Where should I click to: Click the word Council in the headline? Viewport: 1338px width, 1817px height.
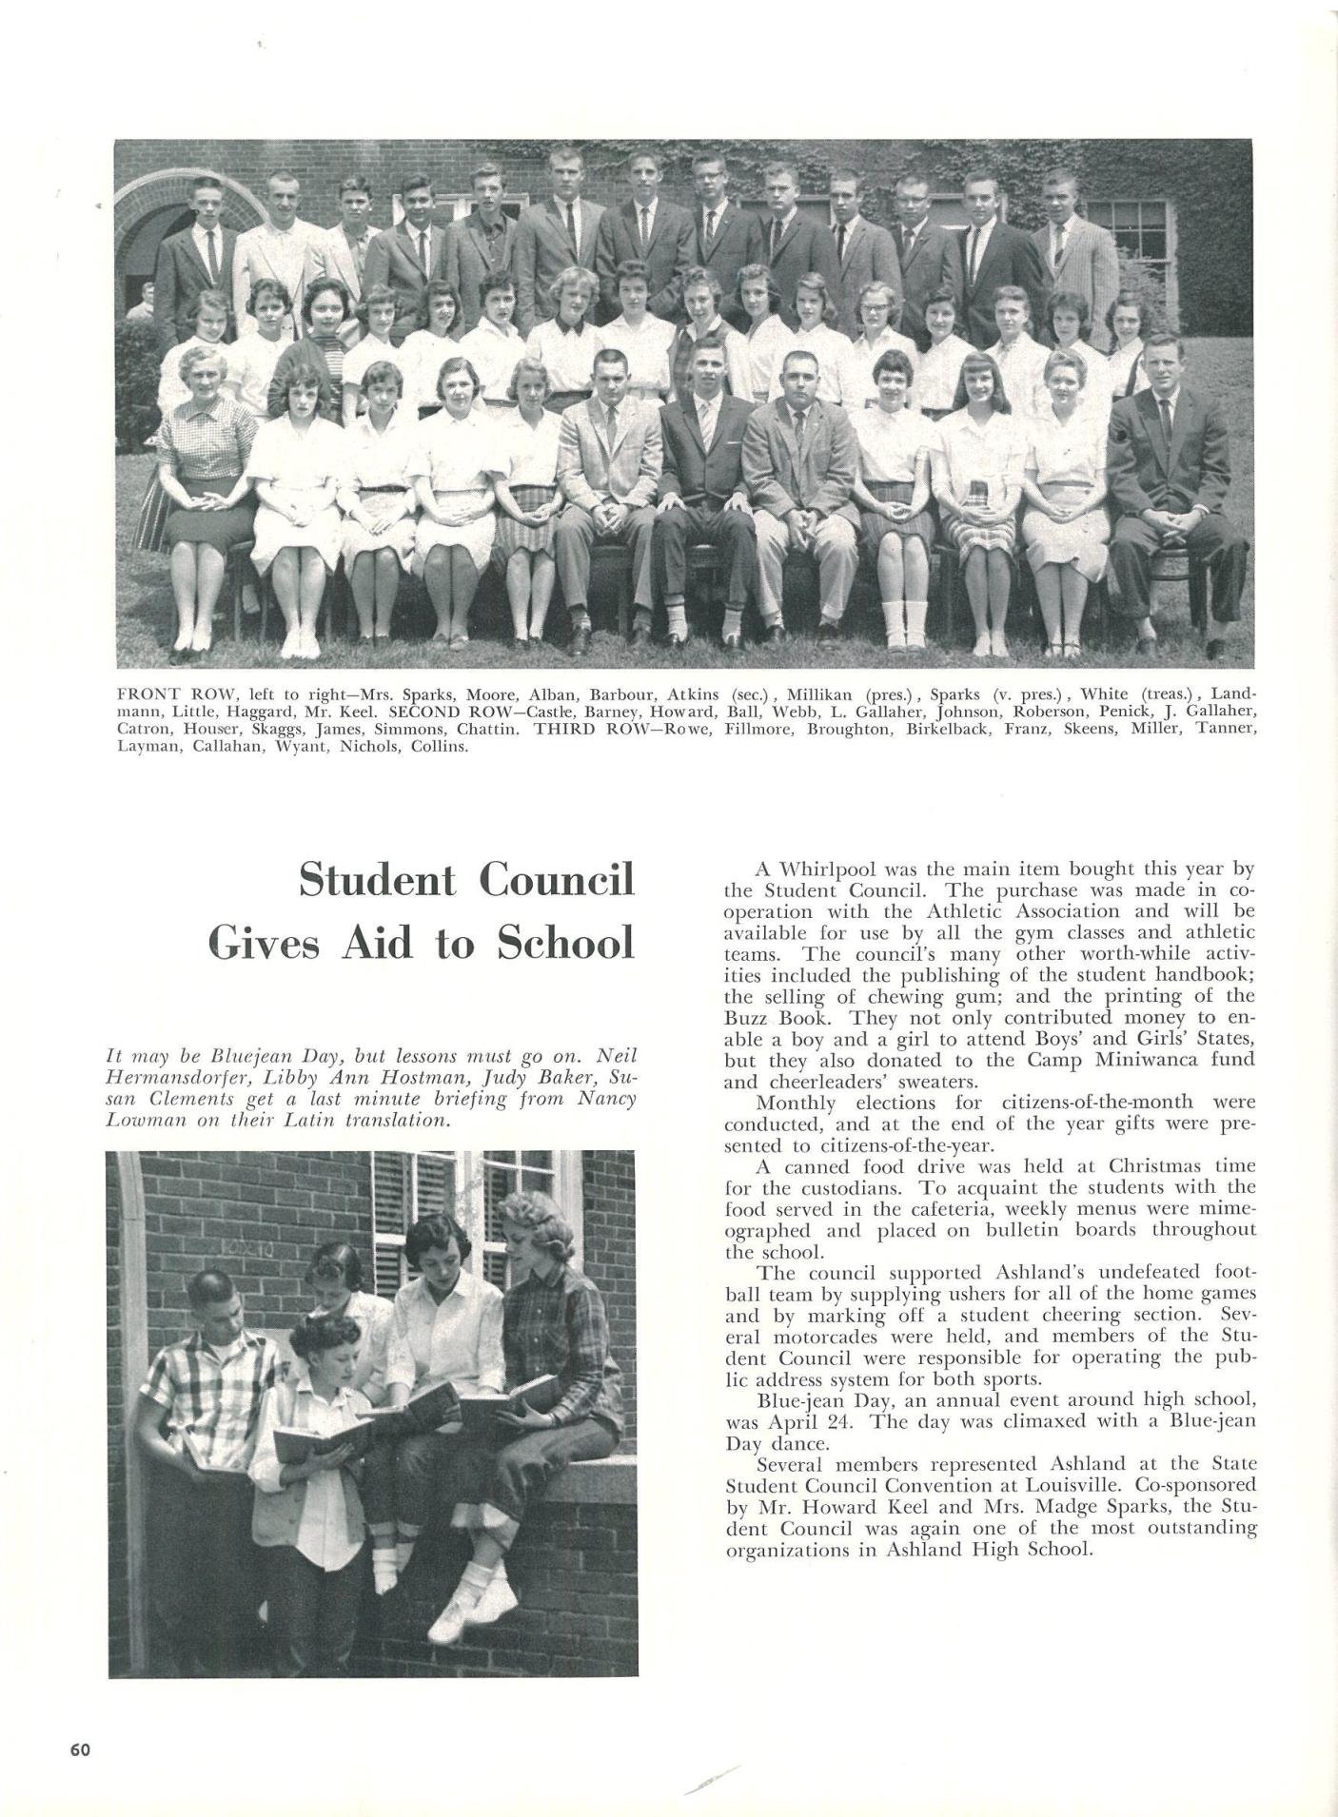pos(557,880)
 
